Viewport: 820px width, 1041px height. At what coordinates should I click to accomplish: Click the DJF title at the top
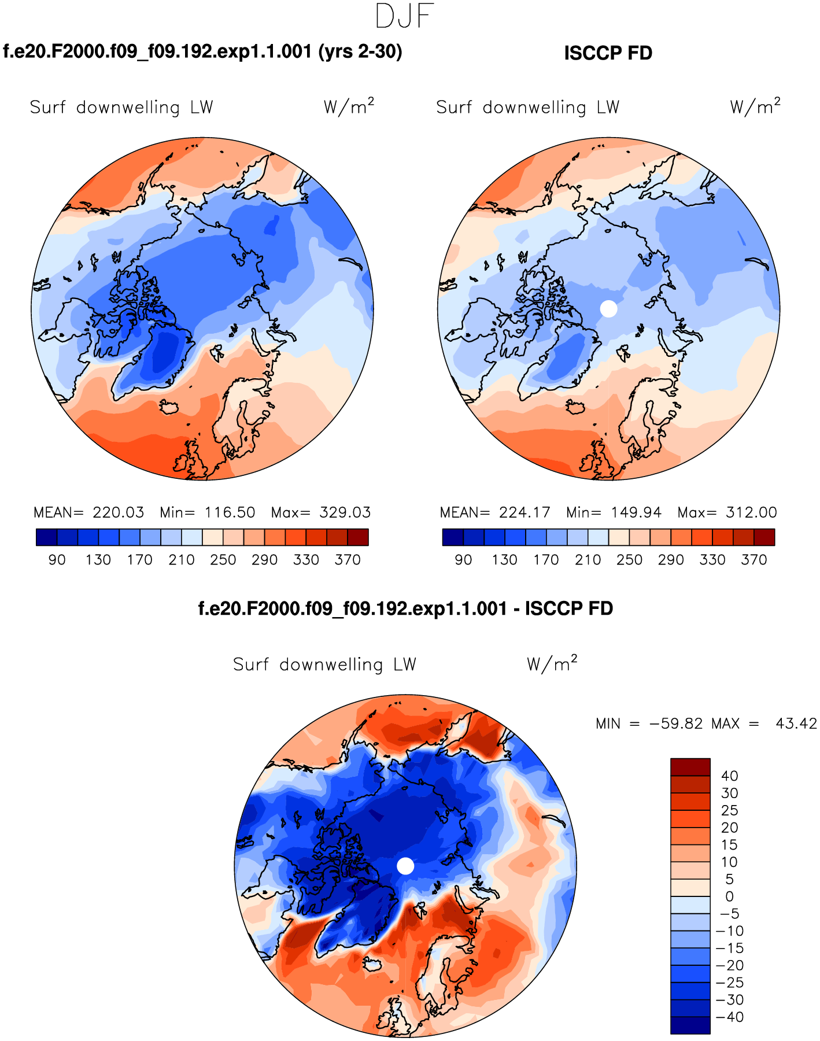(x=404, y=16)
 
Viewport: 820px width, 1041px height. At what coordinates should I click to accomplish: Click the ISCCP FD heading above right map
(x=608, y=53)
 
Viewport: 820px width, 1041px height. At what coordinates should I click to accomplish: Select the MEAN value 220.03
(x=118, y=512)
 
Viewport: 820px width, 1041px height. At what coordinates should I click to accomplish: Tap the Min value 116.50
(x=230, y=512)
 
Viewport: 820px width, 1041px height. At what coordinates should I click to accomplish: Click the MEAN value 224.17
(x=524, y=512)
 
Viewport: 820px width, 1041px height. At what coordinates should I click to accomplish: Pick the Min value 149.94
(x=636, y=512)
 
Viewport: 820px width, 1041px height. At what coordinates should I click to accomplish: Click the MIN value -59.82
(x=676, y=723)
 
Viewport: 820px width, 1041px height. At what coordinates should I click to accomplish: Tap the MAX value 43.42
(x=796, y=723)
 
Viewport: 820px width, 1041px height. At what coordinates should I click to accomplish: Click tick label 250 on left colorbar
(x=223, y=560)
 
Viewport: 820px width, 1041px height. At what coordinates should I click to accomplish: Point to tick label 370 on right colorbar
(x=754, y=560)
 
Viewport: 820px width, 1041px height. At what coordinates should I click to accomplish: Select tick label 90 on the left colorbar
(x=57, y=560)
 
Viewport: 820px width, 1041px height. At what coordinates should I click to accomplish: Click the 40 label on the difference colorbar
(x=729, y=776)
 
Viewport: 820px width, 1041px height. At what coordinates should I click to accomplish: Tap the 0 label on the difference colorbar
(x=729, y=896)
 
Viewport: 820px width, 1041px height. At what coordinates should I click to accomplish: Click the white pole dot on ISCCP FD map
(x=608, y=309)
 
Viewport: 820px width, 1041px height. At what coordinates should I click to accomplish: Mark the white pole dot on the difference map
(x=406, y=866)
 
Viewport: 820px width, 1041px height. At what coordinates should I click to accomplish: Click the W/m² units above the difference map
(x=552, y=664)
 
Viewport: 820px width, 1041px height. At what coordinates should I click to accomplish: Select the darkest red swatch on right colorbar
(x=764, y=537)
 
